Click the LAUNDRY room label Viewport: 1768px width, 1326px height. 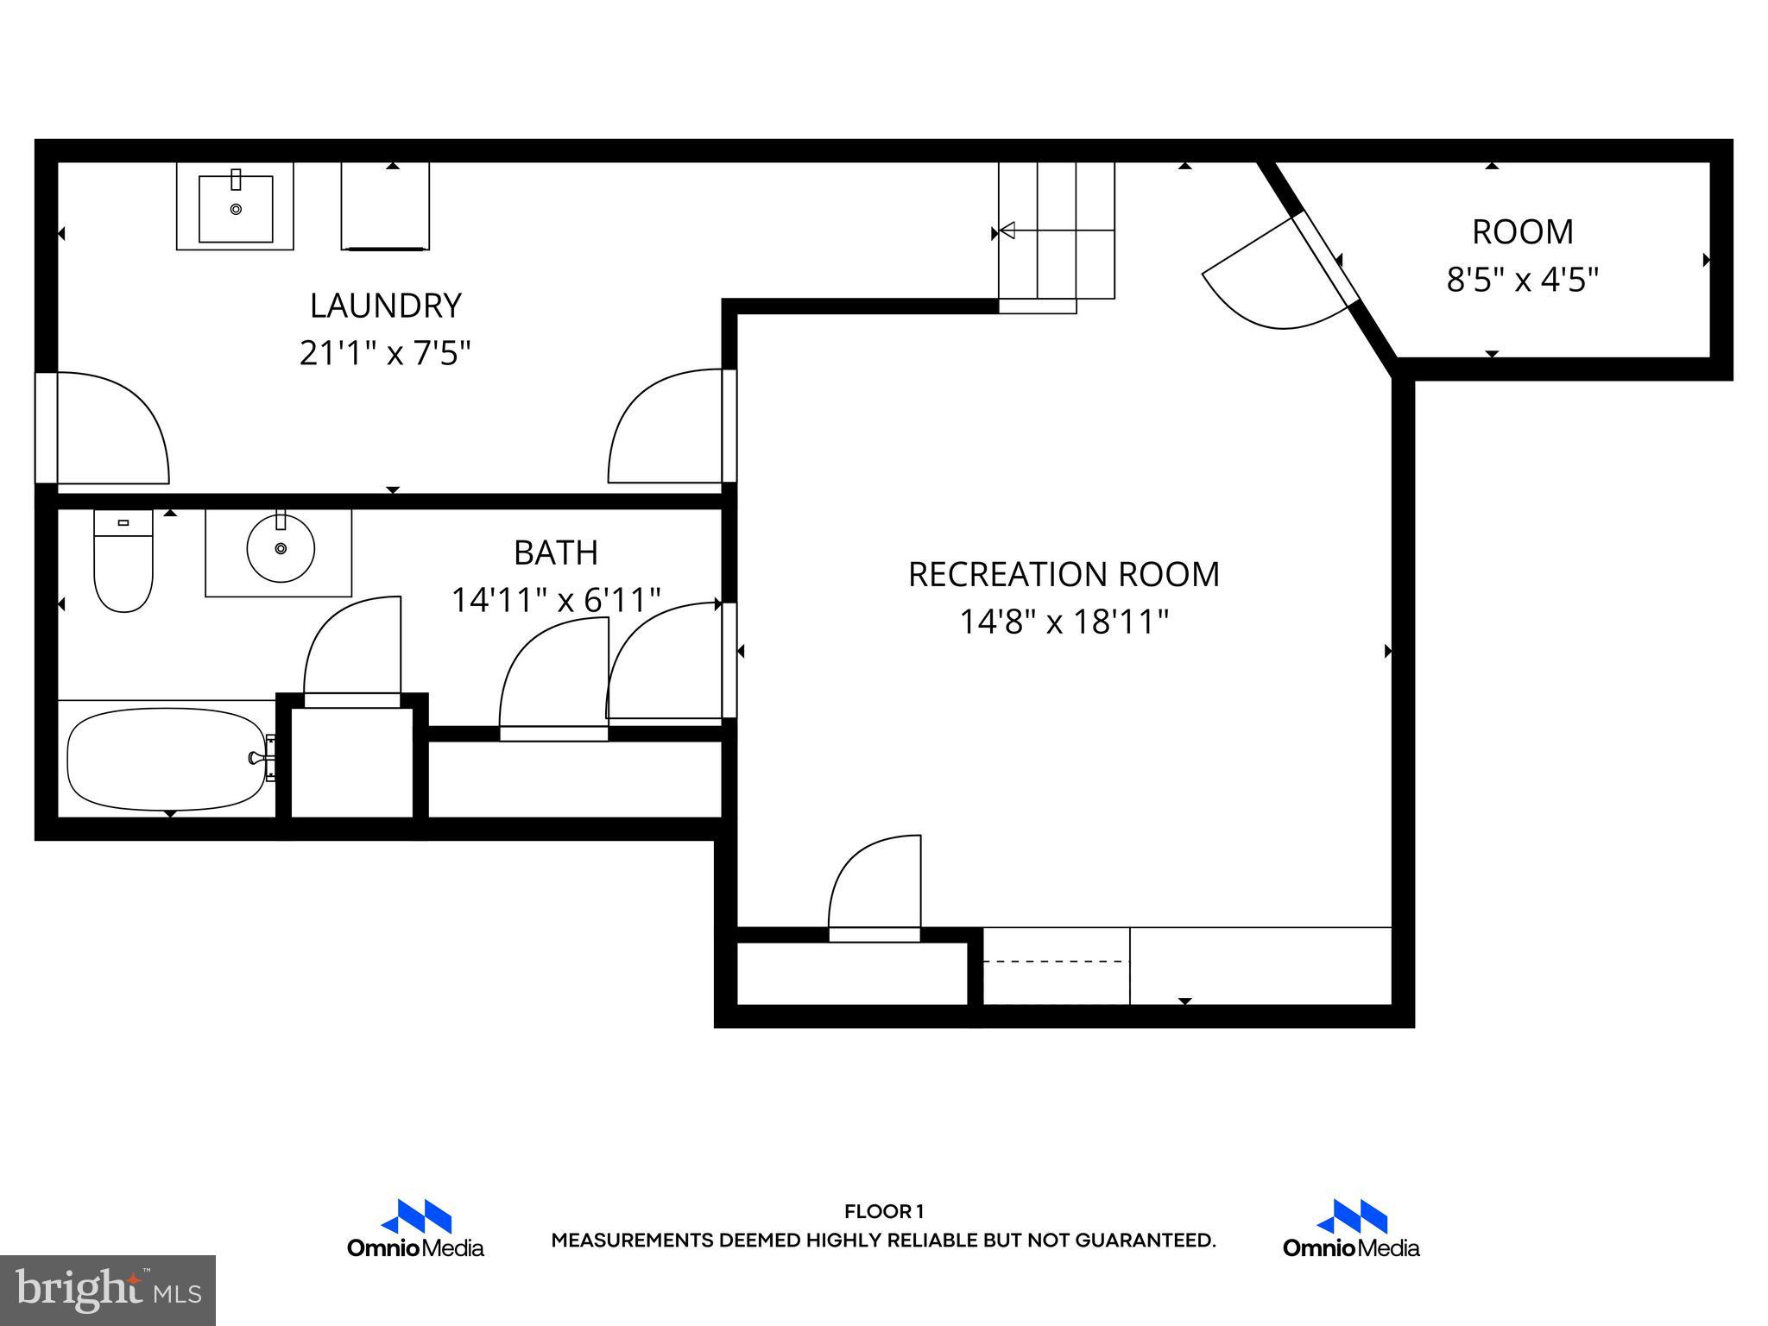coord(385,306)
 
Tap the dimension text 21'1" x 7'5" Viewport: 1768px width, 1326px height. coord(385,353)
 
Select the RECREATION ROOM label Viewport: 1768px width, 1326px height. coord(1064,574)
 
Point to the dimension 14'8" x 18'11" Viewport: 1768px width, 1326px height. coord(1064,622)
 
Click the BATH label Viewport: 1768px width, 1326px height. coord(555,552)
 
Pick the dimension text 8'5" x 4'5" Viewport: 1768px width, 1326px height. coord(1522,280)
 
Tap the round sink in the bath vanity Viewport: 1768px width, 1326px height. coord(281,548)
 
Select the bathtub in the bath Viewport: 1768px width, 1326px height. coord(167,759)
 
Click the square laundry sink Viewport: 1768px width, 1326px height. coord(236,208)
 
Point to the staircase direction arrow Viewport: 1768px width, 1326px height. coord(1007,230)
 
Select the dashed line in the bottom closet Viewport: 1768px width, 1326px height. coord(1056,961)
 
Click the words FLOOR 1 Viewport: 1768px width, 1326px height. coord(883,1211)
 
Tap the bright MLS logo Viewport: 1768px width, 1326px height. coord(108,1291)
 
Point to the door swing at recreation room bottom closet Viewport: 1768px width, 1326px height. coord(874,885)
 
